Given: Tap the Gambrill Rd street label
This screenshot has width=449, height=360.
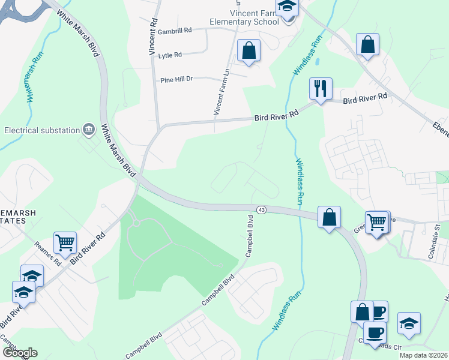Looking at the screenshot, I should [x=175, y=29].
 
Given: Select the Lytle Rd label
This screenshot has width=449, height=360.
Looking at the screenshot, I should [x=170, y=55].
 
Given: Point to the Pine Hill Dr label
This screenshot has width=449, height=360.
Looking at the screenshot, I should [x=176, y=79].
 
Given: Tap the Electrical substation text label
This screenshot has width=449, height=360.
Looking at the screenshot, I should [x=42, y=130].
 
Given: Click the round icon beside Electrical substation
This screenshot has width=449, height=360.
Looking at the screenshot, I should [x=89, y=129].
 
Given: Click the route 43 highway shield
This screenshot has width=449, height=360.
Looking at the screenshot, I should [x=261, y=209].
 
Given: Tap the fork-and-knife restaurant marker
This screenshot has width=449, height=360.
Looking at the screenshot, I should [x=320, y=89].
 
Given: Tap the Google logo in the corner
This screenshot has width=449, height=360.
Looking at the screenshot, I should [x=20, y=352].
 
